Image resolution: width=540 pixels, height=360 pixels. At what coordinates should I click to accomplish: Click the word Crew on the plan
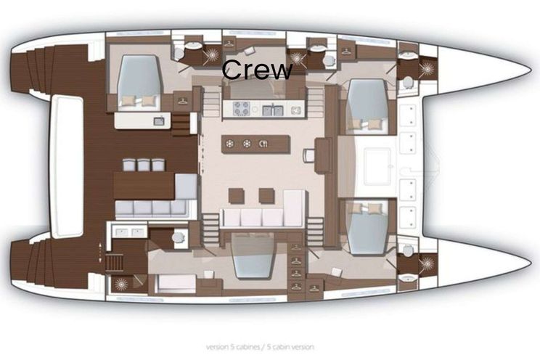(257, 70)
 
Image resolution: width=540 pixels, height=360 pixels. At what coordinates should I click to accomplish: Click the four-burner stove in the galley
(241, 109)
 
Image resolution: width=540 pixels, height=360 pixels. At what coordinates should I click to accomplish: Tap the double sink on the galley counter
(273, 110)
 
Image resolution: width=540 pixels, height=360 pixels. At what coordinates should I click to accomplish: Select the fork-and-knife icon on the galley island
(263, 144)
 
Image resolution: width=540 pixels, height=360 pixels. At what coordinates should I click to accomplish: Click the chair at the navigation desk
(308, 155)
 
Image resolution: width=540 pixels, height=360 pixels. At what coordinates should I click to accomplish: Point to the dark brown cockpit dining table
(144, 185)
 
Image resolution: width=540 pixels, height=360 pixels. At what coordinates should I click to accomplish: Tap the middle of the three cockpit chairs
(144, 165)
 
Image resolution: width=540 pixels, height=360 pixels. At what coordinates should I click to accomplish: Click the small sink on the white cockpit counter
(159, 121)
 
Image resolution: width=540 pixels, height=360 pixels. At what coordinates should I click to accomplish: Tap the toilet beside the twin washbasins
(178, 237)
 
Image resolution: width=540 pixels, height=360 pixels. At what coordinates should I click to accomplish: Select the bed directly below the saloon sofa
(253, 255)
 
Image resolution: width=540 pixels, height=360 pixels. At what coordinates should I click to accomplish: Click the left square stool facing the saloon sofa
(237, 196)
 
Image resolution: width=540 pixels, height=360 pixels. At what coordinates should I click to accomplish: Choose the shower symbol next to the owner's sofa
(121, 285)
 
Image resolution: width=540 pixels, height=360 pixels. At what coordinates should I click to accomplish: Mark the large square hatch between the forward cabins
(377, 166)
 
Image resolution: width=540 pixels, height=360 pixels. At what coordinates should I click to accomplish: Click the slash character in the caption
(263, 347)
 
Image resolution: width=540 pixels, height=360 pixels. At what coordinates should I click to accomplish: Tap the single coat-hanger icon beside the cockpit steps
(182, 101)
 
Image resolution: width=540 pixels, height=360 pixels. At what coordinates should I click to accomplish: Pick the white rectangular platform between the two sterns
(67, 167)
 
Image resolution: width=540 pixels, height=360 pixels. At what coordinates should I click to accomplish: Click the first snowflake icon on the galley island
(229, 144)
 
